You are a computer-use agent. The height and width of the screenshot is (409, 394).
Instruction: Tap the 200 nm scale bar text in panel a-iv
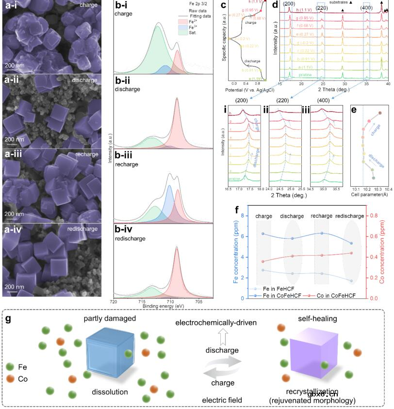14,286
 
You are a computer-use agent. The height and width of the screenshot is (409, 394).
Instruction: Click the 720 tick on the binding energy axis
114,301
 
